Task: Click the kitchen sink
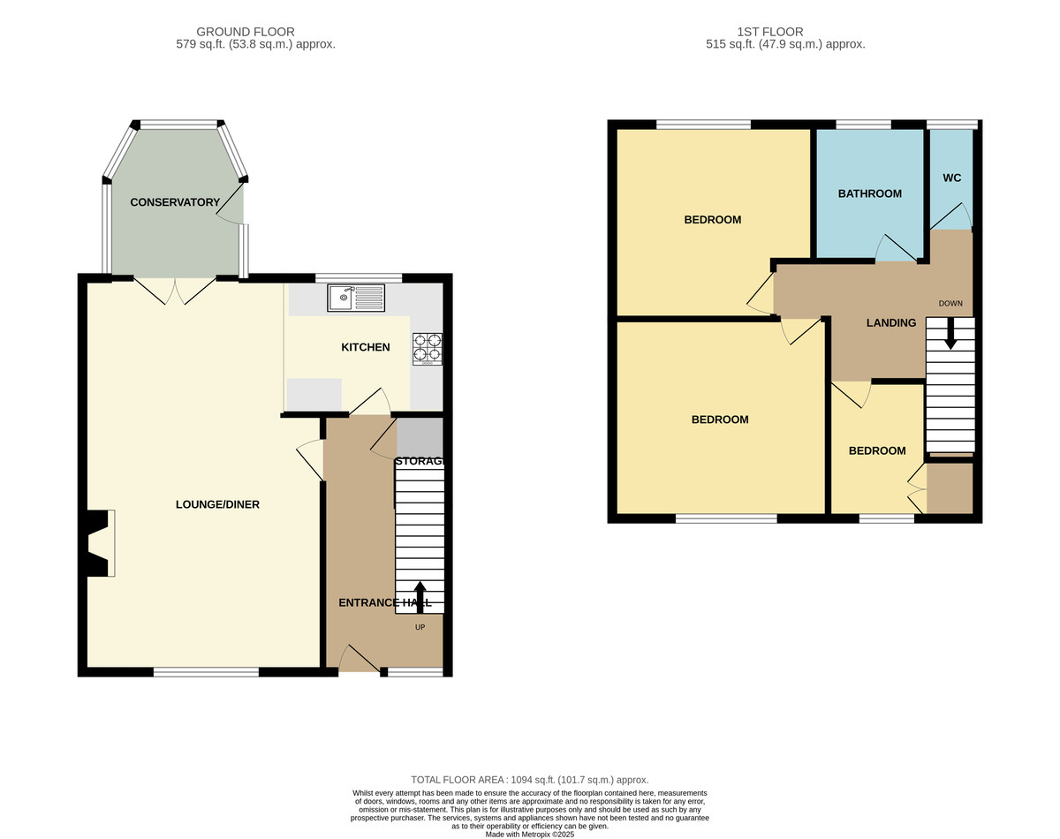tap(356, 298)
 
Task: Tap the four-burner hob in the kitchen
tap(428, 349)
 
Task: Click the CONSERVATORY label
tap(175, 202)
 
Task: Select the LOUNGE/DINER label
tap(217, 504)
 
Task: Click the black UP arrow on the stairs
tap(420, 597)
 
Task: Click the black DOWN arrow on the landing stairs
tap(950, 334)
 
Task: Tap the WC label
tap(952, 178)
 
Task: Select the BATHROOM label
tap(870, 193)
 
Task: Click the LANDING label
tap(891, 322)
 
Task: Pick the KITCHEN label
tap(366, 347)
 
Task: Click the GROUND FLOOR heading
tap(246, 32)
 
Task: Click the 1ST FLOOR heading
tap(770, 32)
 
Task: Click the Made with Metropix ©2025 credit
tap(530, 835)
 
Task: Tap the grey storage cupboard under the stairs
tap(420, 437)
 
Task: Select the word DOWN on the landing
tap(950, 304)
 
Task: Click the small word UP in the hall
tap(420, 627)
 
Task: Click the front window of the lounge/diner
tap(206, 672)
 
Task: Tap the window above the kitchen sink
tap(359, 278)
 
